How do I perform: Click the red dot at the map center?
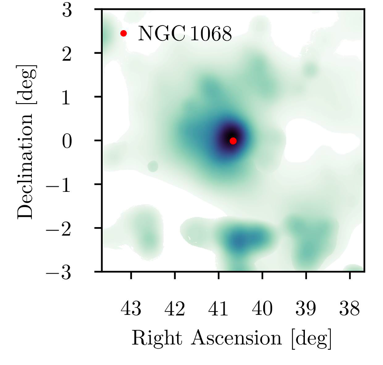click(233, 141)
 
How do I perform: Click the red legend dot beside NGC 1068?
click(124, 33)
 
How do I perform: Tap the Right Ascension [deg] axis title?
click(232, 338)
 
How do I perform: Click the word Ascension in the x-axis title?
click(236, 338)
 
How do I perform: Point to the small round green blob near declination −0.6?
click(153, 166)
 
